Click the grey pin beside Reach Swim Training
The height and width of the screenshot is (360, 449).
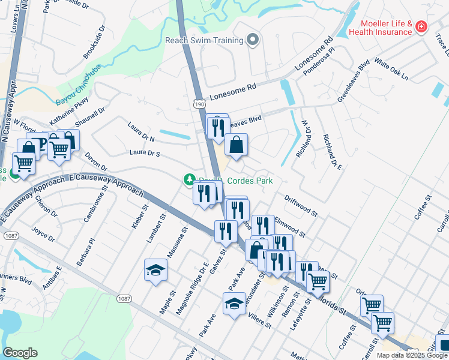253,40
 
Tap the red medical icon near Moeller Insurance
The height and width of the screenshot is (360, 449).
421,26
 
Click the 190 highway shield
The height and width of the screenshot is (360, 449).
200,104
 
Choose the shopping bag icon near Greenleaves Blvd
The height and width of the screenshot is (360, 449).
237,145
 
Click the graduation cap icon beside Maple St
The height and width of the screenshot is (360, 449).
155,270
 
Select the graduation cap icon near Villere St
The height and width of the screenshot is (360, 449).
234,304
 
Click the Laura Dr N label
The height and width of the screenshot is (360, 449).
141,132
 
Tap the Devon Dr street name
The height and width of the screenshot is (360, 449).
95,161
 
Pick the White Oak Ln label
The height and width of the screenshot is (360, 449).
390,69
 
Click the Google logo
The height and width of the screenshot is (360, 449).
20,353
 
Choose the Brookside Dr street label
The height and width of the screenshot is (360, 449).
94,41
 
